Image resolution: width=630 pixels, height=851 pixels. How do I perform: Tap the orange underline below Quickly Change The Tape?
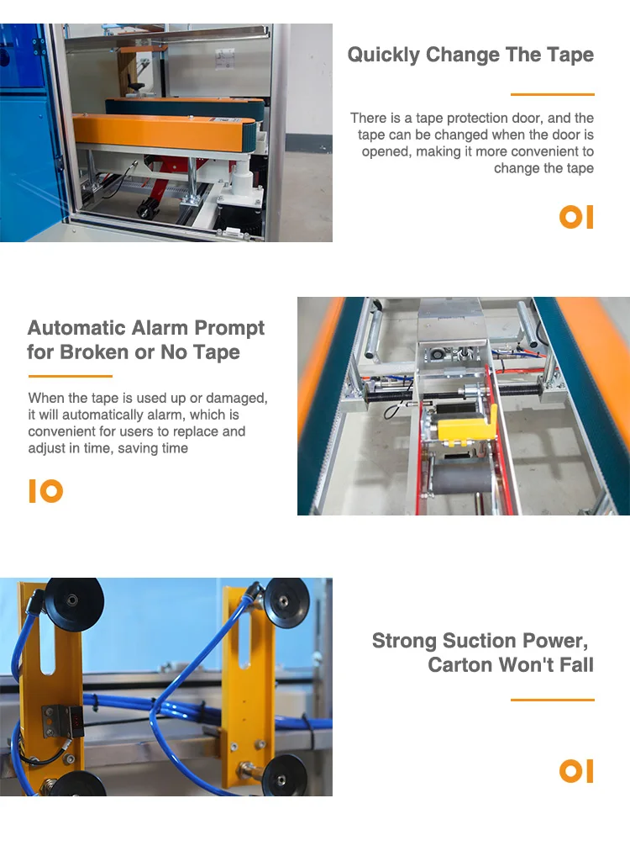[552, 94]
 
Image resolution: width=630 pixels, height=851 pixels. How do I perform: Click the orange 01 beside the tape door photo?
[576, 217]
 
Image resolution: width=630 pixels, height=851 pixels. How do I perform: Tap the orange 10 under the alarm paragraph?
[46, 491]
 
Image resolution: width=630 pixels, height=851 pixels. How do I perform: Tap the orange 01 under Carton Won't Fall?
[576, 771]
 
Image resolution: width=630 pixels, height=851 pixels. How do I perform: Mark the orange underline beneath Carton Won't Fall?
[552, 700]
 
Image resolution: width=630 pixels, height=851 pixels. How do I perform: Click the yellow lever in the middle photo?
[470, 425]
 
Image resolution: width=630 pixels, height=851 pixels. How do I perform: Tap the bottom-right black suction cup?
[285, 777]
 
